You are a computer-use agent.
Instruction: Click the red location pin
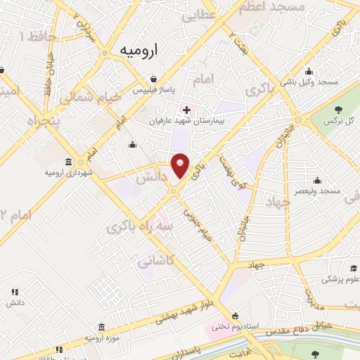pyautogui.click(x=180, y=165)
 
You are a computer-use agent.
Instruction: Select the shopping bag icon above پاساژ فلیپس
pyautogui.click(x=153, y=80)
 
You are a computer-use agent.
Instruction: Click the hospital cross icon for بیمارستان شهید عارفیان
pyautogui.click(x=186, y=110)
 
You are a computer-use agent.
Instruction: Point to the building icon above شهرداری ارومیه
pyautogui.click(x=68, y=161)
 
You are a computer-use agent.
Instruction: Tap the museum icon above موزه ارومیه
pyautogui.click(x=103, y=327)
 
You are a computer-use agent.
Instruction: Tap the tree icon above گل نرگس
pyautogui.click(x=340, y=108)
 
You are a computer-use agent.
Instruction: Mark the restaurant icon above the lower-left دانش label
pyautogui.click(x=14, y=292)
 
